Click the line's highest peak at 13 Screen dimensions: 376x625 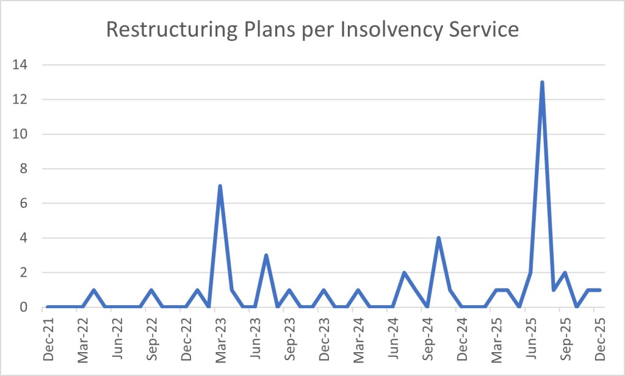542,83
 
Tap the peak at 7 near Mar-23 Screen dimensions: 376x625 220,186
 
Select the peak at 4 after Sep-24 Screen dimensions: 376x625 439,238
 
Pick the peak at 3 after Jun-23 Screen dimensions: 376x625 266,255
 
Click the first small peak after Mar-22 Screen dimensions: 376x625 93,290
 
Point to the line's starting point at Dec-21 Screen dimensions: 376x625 47,307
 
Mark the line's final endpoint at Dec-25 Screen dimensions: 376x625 600,290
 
